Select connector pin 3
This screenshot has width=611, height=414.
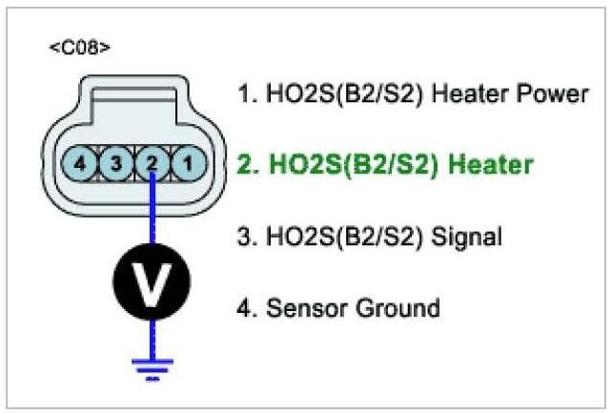[x=116, y=164]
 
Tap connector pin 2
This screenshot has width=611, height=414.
[x=153, y=164]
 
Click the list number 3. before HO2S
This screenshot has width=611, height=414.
[x=245, y=236]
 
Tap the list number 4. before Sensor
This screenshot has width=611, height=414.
[x=245, y=307]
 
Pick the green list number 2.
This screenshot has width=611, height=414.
[x=245, y=164]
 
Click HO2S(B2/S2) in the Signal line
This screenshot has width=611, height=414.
[x=338, y=236]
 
